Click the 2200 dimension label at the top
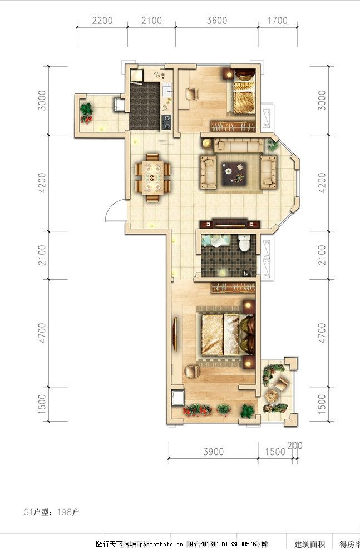102,21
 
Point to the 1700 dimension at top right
277,21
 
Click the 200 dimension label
295,446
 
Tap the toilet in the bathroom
244,244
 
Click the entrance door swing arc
112,210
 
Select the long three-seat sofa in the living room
239,146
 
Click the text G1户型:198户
51,511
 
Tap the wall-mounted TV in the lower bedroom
176,334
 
